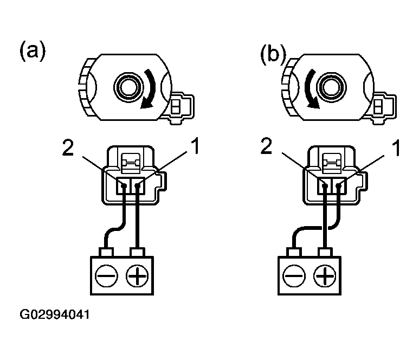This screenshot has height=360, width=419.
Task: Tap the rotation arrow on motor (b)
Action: [311, 90]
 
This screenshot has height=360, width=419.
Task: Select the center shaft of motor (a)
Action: [128, 86]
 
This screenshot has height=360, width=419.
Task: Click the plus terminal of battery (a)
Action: [136, 277]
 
